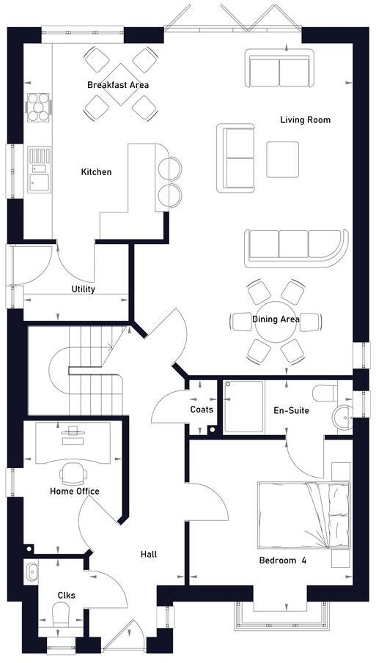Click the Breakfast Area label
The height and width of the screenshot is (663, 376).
click(x=118, y=85)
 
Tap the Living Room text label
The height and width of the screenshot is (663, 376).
click(x=305, y=119)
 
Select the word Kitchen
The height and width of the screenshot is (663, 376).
click(x=96, y=172)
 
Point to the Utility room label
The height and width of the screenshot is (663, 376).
click(x=84, y=289)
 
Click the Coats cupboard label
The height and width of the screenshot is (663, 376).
click(x=202, y=410)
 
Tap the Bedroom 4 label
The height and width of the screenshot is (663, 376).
click(x=282, y=561)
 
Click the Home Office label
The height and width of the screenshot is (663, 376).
click(x=75, y=491)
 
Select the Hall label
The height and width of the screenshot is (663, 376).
click(x=149, y=555)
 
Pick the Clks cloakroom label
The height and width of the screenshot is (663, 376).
click(x=67, y=596)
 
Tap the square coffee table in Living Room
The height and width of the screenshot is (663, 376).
click(x=283, y=159)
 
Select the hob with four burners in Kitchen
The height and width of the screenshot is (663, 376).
click(x=37, y=108)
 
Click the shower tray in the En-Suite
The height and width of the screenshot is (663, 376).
click(x=243, y=406)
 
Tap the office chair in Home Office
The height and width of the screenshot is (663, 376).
click(x=73, y=472)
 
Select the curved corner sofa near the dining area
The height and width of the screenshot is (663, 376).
click(x=297, y=245)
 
